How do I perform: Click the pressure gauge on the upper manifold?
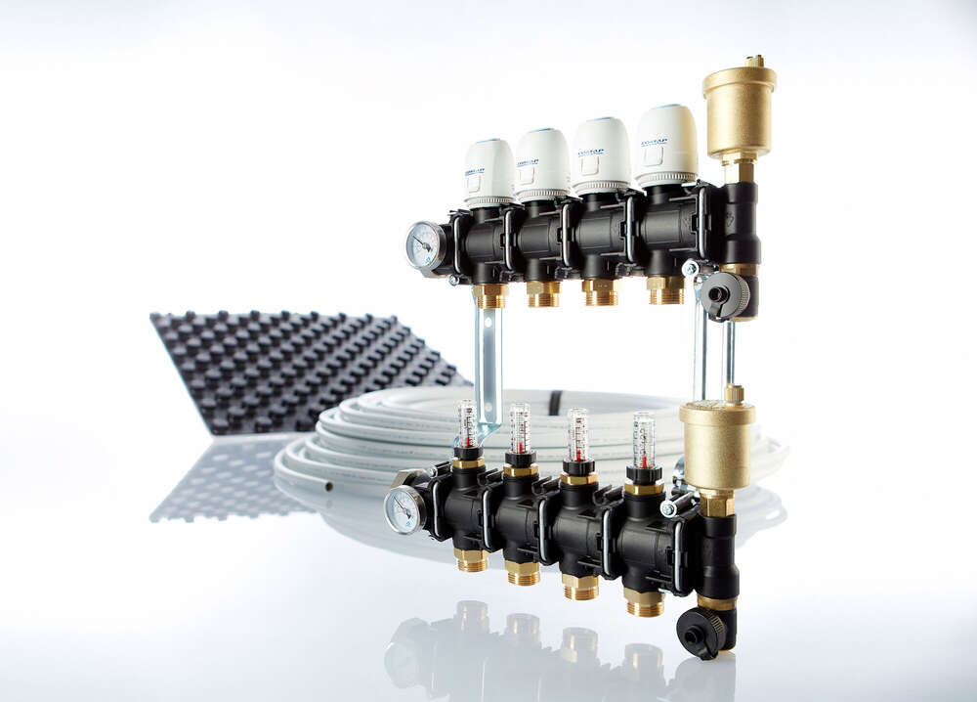pyautogui.click(x=424, y=244)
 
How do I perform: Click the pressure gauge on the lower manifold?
pyautogui.click(x=404, y=508)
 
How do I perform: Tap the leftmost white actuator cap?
pyautogui.click(x=488, y=172)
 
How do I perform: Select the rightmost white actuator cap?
pyautogui.click(x=666, y=146)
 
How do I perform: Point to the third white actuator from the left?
pyautogui.click(x=600, y=154)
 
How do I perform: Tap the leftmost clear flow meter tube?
pyautogui.click(x=468, y=423)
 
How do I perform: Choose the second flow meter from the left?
pyautogui.click(x=520, y=428)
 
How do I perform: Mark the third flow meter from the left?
pyautogui.click(x=578, y=434)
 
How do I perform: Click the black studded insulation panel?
pyautogui.click(x=293, y=362)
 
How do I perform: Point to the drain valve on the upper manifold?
pyautogui.click(x=724, y=293)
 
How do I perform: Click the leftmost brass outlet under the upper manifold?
pyautogui.click(x=490, y=294)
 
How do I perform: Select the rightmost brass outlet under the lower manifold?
pyautogui.click(x=645, y=601)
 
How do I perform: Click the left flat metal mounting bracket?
pyautogui.click(x=488, y=362)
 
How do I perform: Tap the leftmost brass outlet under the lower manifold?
pyautogui.click(x=471, y=559)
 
